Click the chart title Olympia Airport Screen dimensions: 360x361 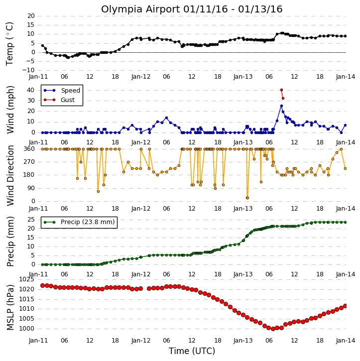pos(141,9)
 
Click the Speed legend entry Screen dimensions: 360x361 pos(62,91)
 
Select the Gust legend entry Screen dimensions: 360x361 pos(59,100)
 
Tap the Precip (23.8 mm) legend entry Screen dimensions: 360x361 pos(79,222)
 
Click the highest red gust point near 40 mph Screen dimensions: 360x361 pos(281,90)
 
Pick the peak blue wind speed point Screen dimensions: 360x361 pos(281,106)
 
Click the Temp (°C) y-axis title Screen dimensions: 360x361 pos(9,44)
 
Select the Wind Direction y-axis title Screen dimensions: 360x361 pos(10,175)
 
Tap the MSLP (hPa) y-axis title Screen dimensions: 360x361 pos(10,307)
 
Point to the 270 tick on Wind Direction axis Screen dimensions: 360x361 pos(29,162)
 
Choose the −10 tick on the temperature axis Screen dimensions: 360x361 pos(28,70)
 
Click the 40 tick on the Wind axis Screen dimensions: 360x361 pos(31,90)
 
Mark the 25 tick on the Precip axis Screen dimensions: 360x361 pos(31,220)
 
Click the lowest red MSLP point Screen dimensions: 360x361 pos(273,329)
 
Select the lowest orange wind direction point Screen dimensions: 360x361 pos(247,198)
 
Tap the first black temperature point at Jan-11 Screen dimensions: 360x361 pos(43,46)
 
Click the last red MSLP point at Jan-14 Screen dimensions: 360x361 pos(345,306)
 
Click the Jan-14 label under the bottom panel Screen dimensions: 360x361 pos(345,341)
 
